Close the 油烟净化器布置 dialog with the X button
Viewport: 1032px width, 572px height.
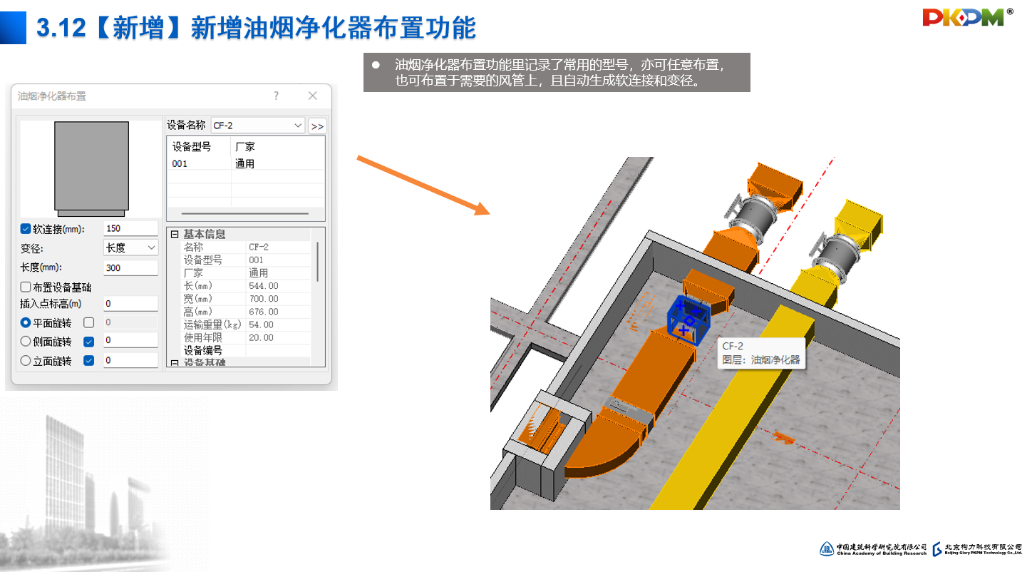pyautogui.click(x=312, y=96)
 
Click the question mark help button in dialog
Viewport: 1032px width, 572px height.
pyautogui.click(x=277, y=96)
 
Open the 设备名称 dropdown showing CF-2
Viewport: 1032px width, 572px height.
pyautogui.click(x=258, y=126)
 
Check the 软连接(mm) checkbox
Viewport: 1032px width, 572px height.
pyautogui.click(x=26, y=229)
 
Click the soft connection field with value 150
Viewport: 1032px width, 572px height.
pyautogui.click(x=130, y=228)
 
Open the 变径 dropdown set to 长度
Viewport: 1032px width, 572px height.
pyautogui.click(x=130, y=247)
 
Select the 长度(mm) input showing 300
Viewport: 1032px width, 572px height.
pyautogui.click(x=130, y=267)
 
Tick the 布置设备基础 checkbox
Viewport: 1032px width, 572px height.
pyautogui.click(x=26, y=287)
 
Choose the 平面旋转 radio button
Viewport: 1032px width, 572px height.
pyautogui.click(x=26, y=322)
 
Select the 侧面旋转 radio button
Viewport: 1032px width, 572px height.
pyautogui.click(x=26, y=342)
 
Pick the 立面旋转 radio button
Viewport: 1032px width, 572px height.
pyautogui.click(x=26, y=361)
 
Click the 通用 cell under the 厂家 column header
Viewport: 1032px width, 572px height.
pyautogui.click(x=245, y=163)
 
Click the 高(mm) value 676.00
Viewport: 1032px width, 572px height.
pyautogui.click(x=263, y=312)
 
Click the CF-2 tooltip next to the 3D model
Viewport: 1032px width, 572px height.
pyautogui.click(x=760, y=353)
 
